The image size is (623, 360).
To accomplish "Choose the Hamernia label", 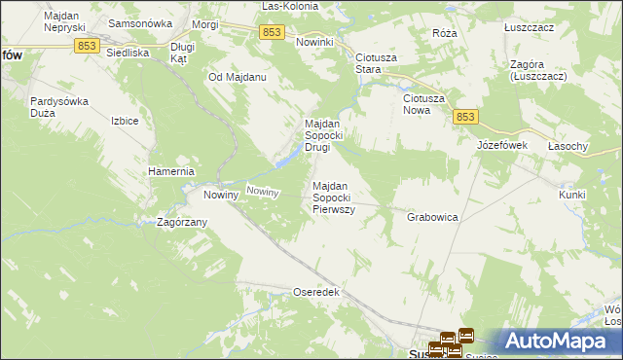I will pyautogui.click(x=172, y=171).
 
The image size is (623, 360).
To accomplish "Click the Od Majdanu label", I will pyautogui.click(x=238, y=76).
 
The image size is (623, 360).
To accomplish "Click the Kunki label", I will pyautogui.click(x=572, y=195).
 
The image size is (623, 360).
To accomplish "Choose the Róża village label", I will pyautogui.click(x=445, y=32).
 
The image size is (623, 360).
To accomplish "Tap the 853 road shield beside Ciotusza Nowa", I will pyautogui.click(x=465, y=117).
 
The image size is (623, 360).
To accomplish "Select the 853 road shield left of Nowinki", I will pyautogui.click(x=273, y=33).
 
